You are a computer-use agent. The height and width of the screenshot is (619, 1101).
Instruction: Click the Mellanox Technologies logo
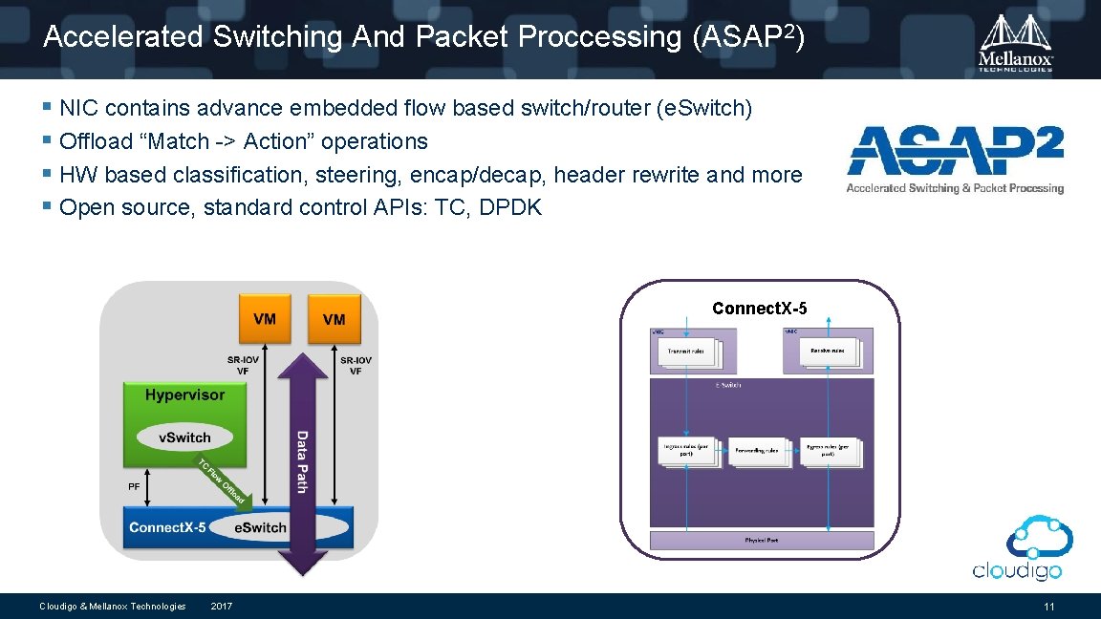click(x=1016, y=42)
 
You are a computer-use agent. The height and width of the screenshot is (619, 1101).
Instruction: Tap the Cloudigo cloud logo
click(x=1017, y=546)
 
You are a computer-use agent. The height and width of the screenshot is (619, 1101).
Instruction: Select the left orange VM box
click(x=265, y=319)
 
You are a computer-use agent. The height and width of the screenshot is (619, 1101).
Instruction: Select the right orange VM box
click(x=335, y=319)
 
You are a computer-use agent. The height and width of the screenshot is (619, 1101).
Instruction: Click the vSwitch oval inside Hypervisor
click(x=184, y=438)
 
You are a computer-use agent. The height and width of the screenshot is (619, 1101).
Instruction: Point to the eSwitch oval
click(x=260, y=527)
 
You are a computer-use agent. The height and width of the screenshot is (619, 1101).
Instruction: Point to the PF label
click(x=134, y=486)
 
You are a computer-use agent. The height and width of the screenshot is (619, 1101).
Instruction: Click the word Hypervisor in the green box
click(x=184, y=395)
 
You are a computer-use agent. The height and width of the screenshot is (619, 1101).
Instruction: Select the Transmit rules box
click(x=695, y=352)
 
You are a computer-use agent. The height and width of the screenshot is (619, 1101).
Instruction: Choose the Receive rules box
click(x=826, y=352)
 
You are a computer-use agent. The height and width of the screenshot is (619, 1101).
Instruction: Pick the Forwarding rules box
click(x=758, y=451)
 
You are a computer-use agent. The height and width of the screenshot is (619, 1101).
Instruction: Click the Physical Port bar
click(x=762, y=541)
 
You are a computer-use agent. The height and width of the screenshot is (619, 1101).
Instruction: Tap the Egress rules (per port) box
click(x=828, y=450)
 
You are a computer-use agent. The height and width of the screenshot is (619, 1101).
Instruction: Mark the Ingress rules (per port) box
click(x=686, y=450)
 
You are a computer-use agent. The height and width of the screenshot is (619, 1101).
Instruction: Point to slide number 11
click(x=1049, y=607)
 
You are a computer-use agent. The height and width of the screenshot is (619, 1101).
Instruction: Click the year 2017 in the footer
click(x=221, y=607)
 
